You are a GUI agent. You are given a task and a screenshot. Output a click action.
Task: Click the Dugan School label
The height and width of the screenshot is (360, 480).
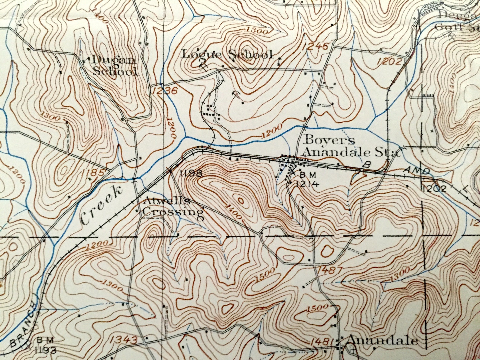(x=114, y=66)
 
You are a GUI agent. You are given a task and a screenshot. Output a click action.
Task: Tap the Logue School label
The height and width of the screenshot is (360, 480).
(x=227, y=55)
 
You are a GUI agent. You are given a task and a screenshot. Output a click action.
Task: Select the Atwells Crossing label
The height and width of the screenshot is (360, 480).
(x=173, y=206)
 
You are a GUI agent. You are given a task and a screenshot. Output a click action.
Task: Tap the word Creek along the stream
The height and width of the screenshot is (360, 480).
(x=102, y=205)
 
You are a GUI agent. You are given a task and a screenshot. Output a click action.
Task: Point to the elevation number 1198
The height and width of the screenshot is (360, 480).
(x=190, y=173)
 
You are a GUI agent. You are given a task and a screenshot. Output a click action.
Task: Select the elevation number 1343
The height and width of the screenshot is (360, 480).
(x=123, y=340)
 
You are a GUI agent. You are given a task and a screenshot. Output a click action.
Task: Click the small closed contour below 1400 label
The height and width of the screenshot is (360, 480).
(x=241, y=200)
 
